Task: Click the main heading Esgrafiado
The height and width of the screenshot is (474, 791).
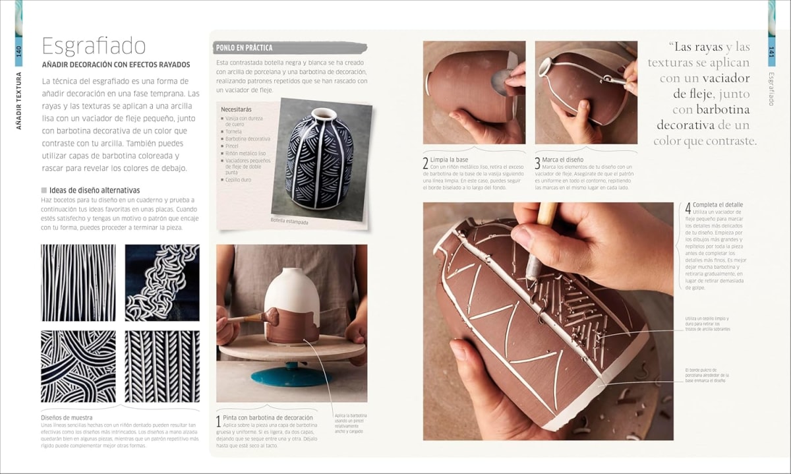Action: pos(94,46)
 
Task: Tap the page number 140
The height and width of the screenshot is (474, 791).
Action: pos(18,51)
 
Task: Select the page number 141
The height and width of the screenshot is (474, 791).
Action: pos(771,51)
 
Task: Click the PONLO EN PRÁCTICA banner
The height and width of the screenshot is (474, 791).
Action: pos(244,48)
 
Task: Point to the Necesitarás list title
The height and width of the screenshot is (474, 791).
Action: pos(237,109)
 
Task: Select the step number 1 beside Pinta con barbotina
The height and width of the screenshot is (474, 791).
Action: pos(218,421)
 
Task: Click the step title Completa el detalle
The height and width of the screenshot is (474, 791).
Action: pos(717,205)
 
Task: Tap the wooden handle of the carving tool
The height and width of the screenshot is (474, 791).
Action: pos(546,214)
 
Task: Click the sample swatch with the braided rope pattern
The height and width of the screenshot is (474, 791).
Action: pos(162,283)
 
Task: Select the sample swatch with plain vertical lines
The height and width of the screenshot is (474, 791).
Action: pos(78,283)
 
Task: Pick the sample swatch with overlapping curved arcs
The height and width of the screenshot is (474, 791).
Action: pos(78,366)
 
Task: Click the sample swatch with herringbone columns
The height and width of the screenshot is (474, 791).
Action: pos(162,366)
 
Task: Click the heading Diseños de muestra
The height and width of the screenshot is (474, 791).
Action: pos(67,417)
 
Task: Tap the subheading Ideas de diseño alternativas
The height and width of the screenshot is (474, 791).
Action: pos(88,191)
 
